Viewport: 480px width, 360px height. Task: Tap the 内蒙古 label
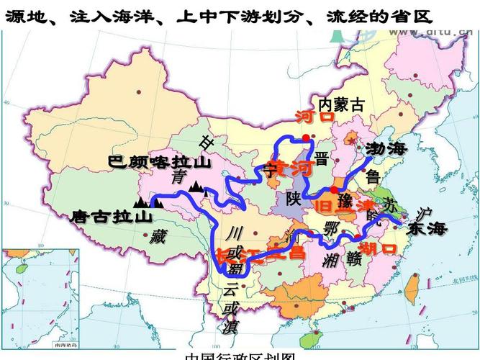click(342, 105)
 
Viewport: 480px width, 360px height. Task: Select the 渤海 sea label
click(386, 149)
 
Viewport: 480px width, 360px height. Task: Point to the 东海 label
click(427, 229)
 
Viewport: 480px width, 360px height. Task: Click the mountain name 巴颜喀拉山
click(160, 161)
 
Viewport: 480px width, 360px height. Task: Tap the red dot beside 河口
click(306, 137)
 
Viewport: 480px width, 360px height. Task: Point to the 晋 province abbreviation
click(322, 158)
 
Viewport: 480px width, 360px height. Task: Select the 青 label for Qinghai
click(178, 177)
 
